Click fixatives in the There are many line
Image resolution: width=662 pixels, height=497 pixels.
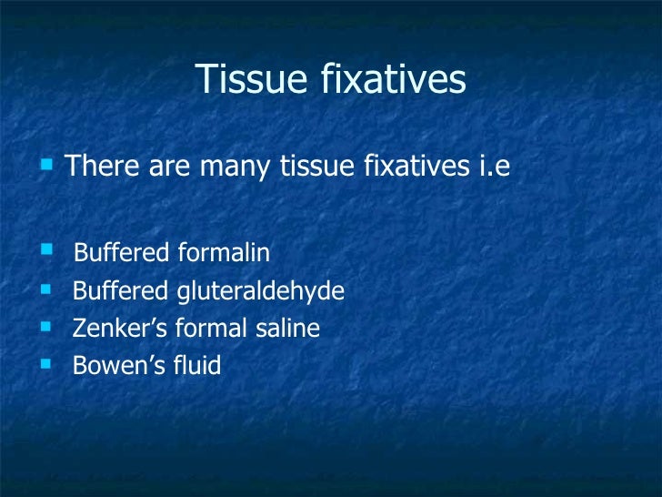pyautogui.click(x=411, y=167)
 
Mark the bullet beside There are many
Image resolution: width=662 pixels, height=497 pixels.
pyautogui.click(x=45, y=166)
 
